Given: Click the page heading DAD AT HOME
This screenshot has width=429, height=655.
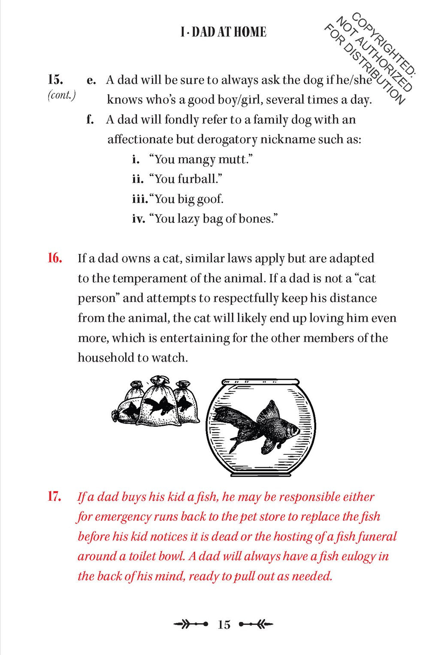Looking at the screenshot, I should point(223,32).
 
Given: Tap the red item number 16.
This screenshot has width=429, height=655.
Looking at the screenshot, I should point(55,258).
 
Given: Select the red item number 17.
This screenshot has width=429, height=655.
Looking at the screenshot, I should point(54,497).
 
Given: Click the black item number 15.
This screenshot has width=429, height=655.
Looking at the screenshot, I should point(55,80).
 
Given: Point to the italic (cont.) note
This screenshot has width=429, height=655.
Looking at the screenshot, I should point(61,95).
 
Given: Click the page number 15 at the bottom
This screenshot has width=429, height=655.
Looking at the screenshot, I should point(224,625).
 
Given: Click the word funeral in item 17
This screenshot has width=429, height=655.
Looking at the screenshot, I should point(377,537).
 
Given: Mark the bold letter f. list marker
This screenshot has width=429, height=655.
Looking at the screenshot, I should point(90,120).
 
